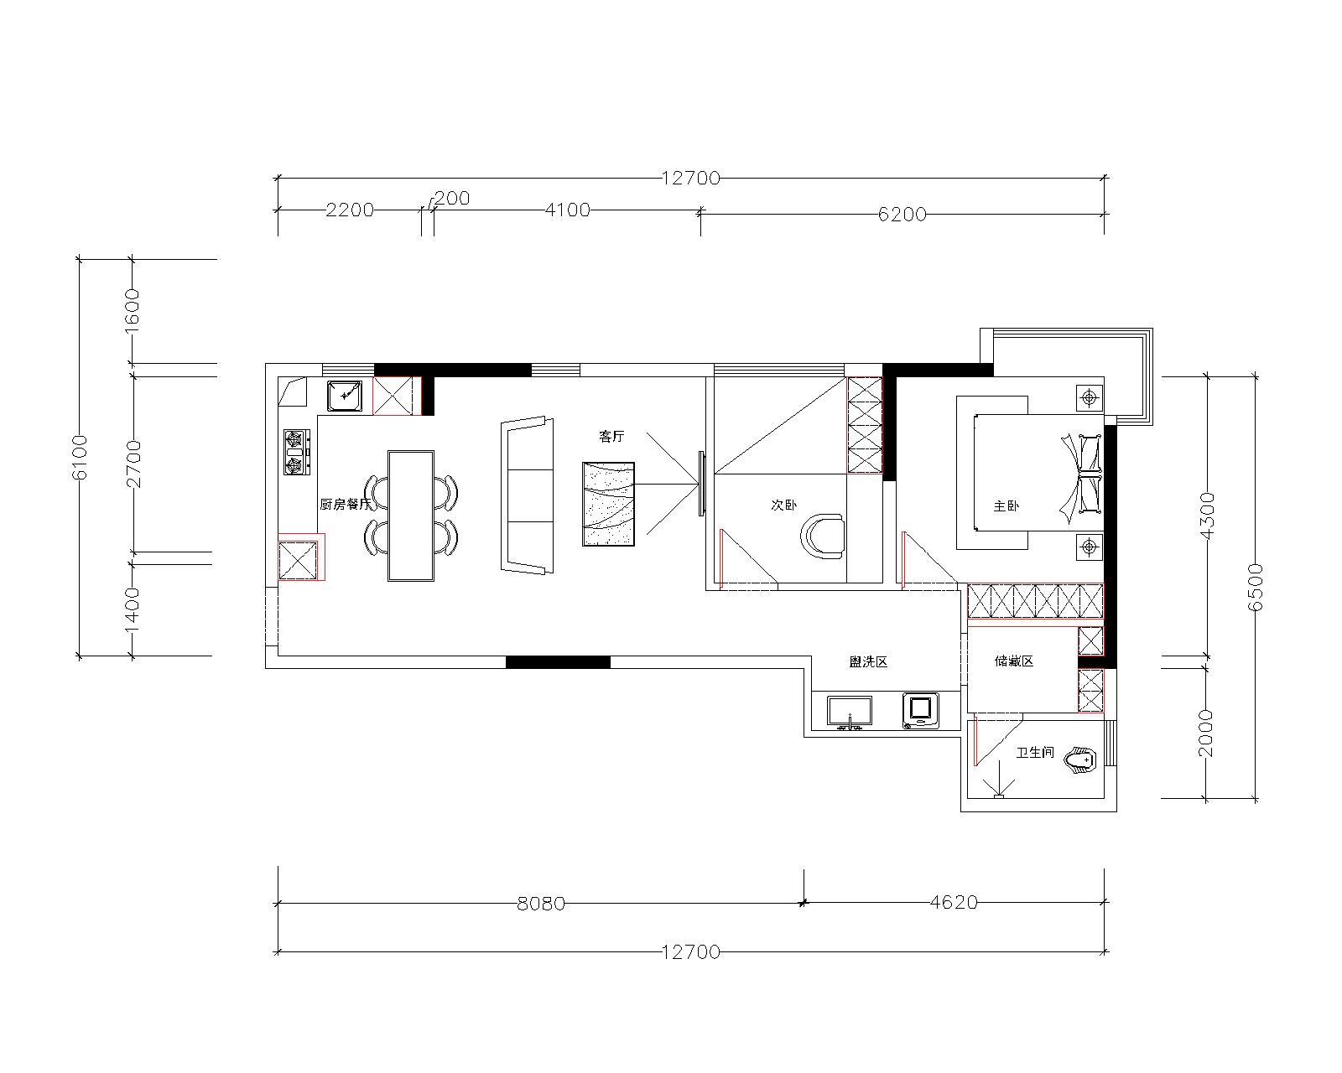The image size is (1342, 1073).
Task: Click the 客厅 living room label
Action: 611,437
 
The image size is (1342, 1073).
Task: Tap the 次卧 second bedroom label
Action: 783,505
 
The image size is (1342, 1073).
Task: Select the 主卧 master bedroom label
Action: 1006,506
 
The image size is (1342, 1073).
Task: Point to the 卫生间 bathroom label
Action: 1035,753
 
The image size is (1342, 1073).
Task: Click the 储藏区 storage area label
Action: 1014,661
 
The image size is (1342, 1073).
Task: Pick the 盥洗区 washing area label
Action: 868,662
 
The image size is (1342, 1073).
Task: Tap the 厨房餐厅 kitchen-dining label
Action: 345,505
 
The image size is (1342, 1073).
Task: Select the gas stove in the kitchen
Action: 297,452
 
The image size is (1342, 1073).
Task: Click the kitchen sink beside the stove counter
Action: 344,396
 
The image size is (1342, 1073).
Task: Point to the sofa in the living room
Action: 527,495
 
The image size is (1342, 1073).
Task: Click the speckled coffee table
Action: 608,505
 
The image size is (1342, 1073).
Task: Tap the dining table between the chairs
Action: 411,516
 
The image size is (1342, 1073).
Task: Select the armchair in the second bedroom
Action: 823,536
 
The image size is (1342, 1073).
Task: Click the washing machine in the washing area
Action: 921,710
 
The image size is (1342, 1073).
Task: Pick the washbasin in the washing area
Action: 850,713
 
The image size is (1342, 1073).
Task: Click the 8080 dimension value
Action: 541,904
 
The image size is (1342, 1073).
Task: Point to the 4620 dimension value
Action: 954,902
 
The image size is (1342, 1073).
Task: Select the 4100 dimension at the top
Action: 568,210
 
